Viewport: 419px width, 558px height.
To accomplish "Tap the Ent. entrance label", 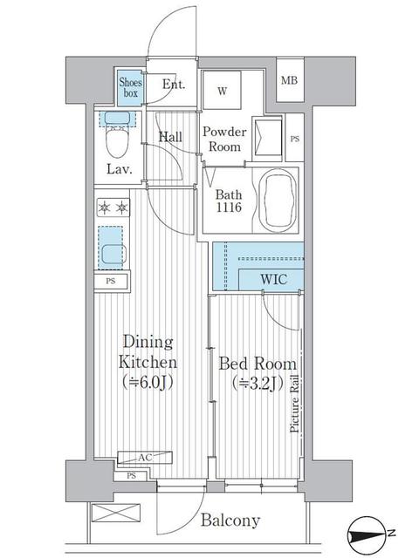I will coord(174,85).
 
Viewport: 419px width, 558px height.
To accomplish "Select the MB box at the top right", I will coord(288,82).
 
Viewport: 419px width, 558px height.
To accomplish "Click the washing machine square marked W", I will coord(222,91).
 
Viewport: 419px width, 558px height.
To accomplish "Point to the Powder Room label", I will coord(225,139).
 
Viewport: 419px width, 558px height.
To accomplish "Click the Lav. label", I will coord(120,169).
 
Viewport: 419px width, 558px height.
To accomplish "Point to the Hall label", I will coord(171,137).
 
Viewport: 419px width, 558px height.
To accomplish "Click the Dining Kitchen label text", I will coord(149,363).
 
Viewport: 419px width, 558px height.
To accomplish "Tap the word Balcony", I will coord(231,521).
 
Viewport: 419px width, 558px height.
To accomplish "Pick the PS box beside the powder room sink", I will coord(294,139).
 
